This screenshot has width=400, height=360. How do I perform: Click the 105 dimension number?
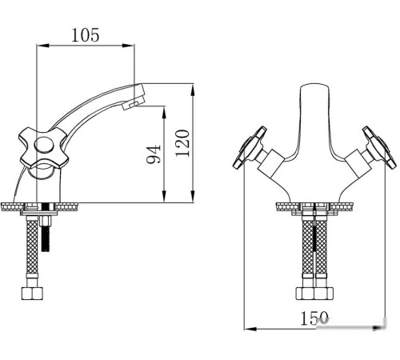tap(85, 35)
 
